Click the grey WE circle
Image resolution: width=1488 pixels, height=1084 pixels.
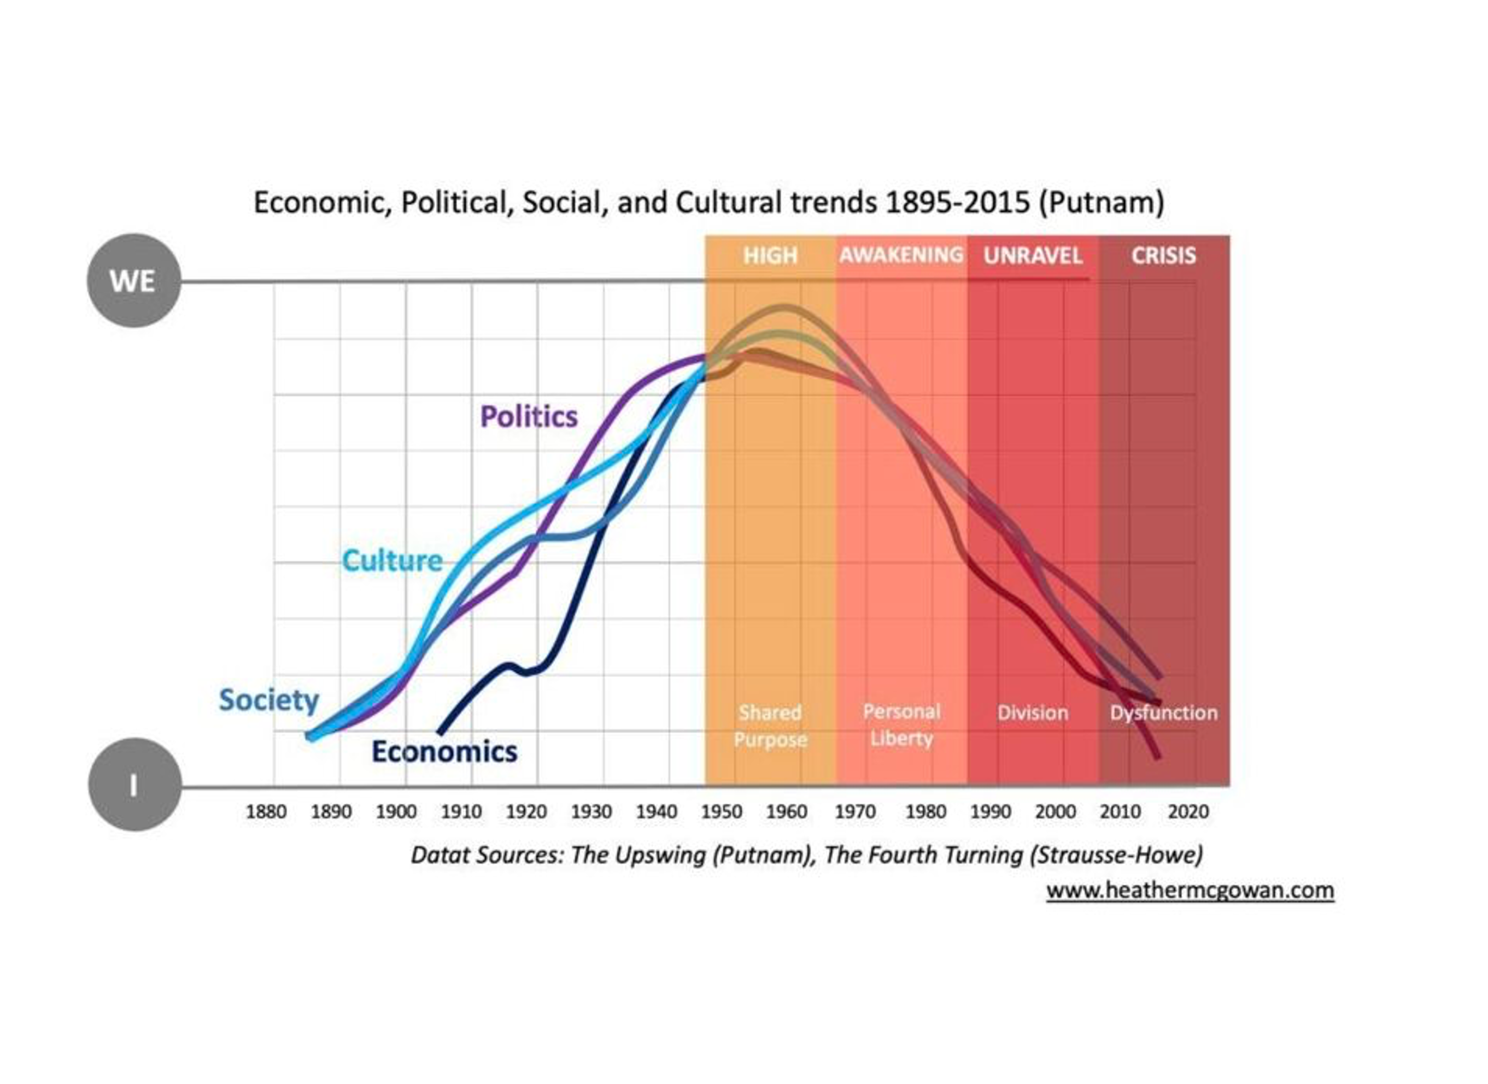point(133,281)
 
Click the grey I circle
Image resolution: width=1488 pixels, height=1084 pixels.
point(134,785)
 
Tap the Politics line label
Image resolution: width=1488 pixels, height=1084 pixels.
point(529,417)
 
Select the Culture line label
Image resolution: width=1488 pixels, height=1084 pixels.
point(392,561)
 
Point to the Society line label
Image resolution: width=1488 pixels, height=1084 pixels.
point(268,700)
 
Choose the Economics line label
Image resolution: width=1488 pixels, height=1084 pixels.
point(444,751)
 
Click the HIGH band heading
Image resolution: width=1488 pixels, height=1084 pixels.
point(770,255)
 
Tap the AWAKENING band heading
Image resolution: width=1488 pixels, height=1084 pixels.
point(901,255)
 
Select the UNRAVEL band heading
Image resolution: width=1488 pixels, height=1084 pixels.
point(1033,255)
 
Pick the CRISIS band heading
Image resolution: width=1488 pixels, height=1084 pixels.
point(1163,255)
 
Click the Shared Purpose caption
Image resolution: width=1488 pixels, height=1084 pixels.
point(770,726)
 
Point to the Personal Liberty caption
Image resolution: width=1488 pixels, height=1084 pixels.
point(901,725)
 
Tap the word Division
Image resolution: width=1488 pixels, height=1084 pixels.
point(1033,712)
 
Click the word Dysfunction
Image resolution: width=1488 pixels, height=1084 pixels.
point(1163,712)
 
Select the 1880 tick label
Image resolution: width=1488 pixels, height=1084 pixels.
point(266,812)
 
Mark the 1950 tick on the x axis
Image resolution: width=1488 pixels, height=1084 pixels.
point(722,812)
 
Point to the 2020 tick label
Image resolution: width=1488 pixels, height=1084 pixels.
point(1188,812)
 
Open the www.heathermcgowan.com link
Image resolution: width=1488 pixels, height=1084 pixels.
point(1190,891)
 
